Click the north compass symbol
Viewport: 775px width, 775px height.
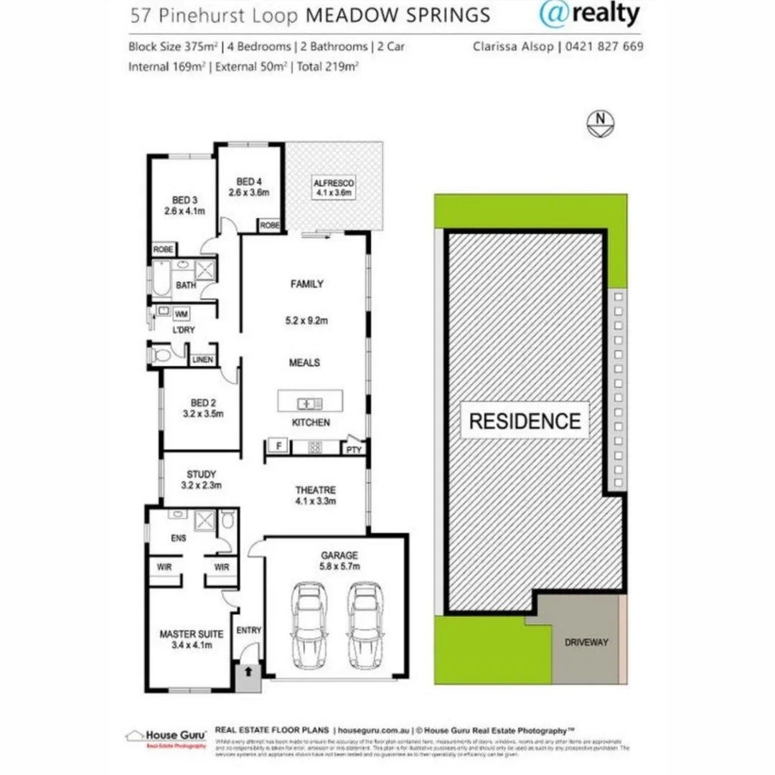pos(600,123)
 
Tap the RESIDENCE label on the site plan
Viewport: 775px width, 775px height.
pos(525,421)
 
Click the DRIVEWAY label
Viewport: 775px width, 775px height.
pos(586,642)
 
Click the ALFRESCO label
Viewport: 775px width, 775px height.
pos(334,187)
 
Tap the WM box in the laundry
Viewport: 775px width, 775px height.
pos(182,314)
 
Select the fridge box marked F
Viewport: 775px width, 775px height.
pos(278,446)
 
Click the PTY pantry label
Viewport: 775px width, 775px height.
pos(354,450)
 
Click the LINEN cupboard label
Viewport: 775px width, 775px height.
pos(203,359)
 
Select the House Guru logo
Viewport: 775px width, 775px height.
pos(166,737)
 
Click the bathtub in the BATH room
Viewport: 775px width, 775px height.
pos(161,278)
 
